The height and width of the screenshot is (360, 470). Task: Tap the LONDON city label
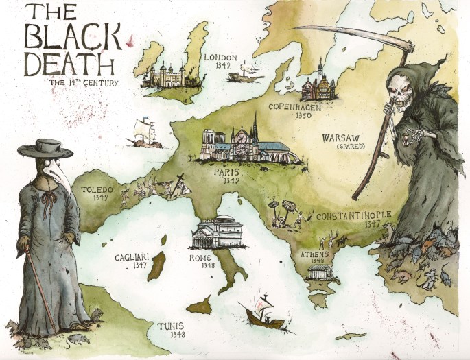pyautogui.click(x=222, y=57)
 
